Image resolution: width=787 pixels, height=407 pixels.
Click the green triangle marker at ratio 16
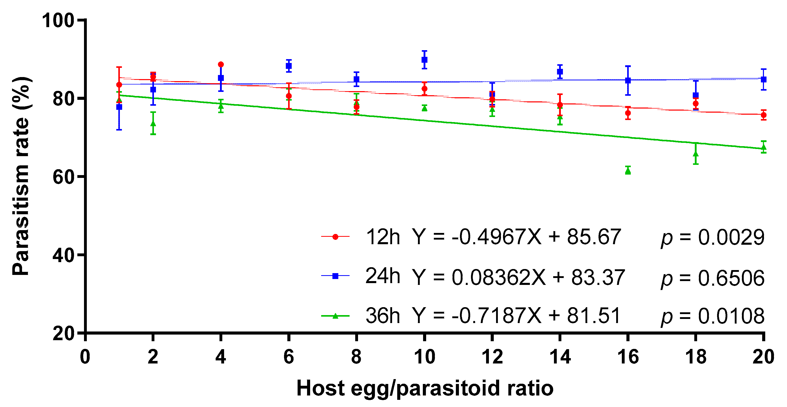point(628,171)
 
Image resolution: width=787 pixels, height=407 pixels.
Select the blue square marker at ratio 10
point(424,60)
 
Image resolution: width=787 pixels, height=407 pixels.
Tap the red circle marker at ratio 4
point(221,65)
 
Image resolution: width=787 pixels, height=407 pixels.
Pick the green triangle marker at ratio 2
point(153,123)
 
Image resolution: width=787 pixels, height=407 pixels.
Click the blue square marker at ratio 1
point(119,107)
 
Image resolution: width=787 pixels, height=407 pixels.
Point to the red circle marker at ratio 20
point(763,115)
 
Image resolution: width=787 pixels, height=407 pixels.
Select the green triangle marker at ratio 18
point(696,154)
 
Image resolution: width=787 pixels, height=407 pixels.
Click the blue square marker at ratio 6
point(289,66)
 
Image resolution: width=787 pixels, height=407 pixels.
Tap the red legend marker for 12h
point(335,237)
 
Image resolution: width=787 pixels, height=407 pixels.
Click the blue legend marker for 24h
point(335,276)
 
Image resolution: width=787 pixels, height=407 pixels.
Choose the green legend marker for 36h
point(335,316)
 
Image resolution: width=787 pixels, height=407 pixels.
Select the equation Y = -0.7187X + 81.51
point(516,316)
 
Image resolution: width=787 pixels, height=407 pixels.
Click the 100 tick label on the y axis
point(58,21)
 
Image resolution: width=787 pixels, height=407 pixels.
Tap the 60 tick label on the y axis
point(64,177)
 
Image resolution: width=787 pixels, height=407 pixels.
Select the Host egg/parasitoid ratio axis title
point(425,388)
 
